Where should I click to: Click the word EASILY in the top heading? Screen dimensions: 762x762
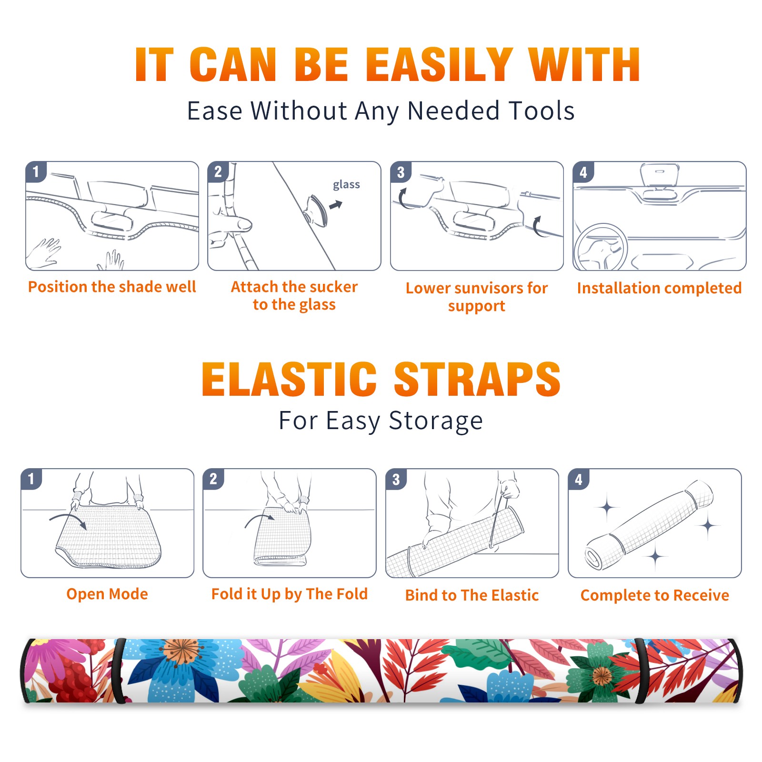440,65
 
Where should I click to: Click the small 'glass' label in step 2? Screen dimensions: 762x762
346,184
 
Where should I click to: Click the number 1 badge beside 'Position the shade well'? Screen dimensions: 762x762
36,171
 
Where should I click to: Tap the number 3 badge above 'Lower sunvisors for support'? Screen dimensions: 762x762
401,172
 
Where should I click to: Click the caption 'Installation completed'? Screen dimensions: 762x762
659,288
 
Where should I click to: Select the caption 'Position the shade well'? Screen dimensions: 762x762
112,287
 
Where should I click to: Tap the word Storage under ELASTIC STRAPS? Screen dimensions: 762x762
436,421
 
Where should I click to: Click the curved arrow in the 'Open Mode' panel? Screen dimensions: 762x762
68,520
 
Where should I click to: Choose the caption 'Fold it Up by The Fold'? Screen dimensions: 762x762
290,594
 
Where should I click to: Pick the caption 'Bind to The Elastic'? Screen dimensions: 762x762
472,595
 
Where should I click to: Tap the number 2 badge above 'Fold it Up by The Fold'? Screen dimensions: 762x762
213,479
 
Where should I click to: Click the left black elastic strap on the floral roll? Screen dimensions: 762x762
119,671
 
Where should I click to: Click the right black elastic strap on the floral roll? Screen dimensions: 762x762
642,671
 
